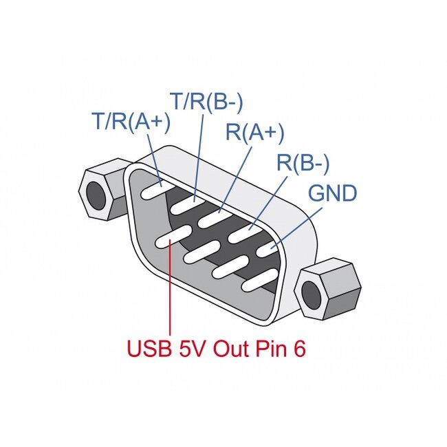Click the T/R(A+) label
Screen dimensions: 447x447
pos(131,122)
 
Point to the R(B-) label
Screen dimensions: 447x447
pos(303,163)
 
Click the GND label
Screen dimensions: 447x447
pos(332,193)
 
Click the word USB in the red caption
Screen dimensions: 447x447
pos(148,349)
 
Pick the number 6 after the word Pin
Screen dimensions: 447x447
pos(299,349)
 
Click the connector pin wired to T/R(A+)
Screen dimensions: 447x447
pos(153,189)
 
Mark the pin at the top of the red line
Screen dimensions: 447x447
pos(168,238)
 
